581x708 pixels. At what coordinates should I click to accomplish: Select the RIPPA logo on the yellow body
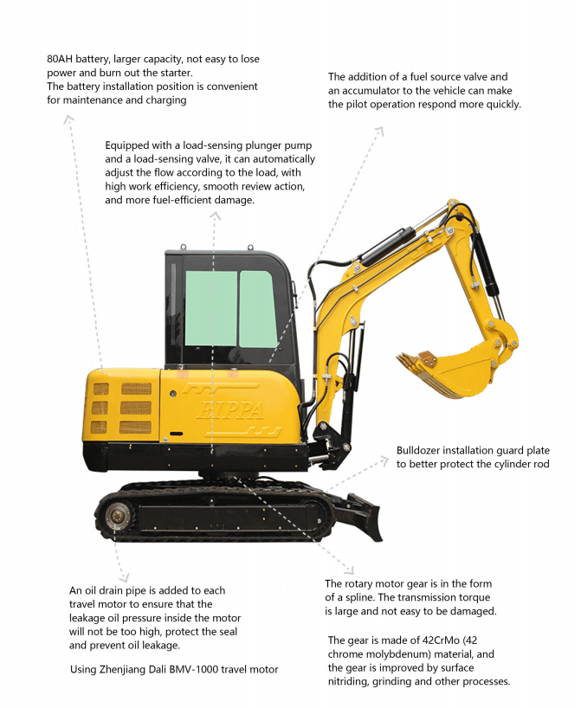click(x=230, y=410)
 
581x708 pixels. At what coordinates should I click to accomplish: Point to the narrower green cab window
click(x=257, y=308)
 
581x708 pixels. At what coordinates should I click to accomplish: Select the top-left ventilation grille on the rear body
click(x=101, y=389)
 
